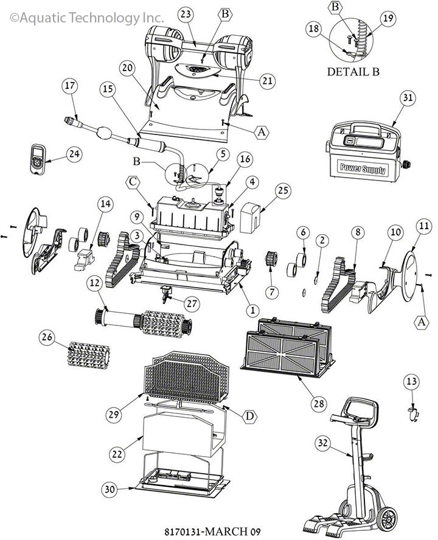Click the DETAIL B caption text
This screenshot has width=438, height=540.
(x=353, y=71)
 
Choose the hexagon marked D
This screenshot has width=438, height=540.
(x=249, y=416)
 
